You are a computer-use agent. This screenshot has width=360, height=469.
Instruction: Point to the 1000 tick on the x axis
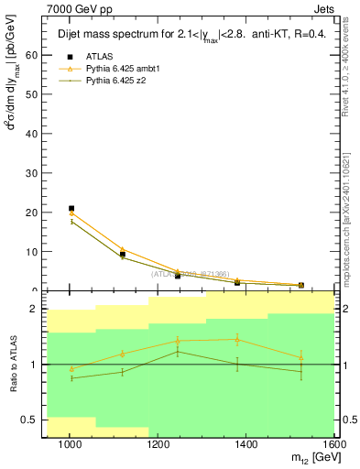click(71, 444)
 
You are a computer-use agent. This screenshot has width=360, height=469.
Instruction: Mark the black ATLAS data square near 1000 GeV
click(71, 209)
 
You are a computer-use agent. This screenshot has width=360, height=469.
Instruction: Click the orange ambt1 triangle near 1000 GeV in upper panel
click(71, 213)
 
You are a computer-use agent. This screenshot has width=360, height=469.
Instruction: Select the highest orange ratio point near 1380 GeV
click(238, 339)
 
